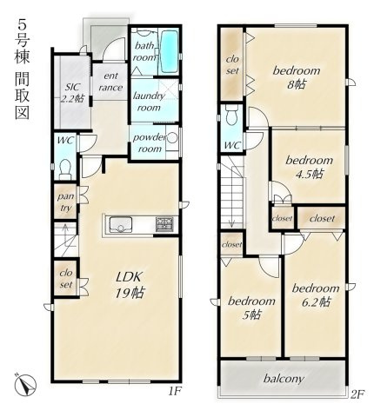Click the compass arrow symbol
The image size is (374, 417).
point(24,382)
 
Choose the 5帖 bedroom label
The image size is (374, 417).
point(251,308)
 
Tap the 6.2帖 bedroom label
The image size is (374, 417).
point(314,295)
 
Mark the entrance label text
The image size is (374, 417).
point(111,82)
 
